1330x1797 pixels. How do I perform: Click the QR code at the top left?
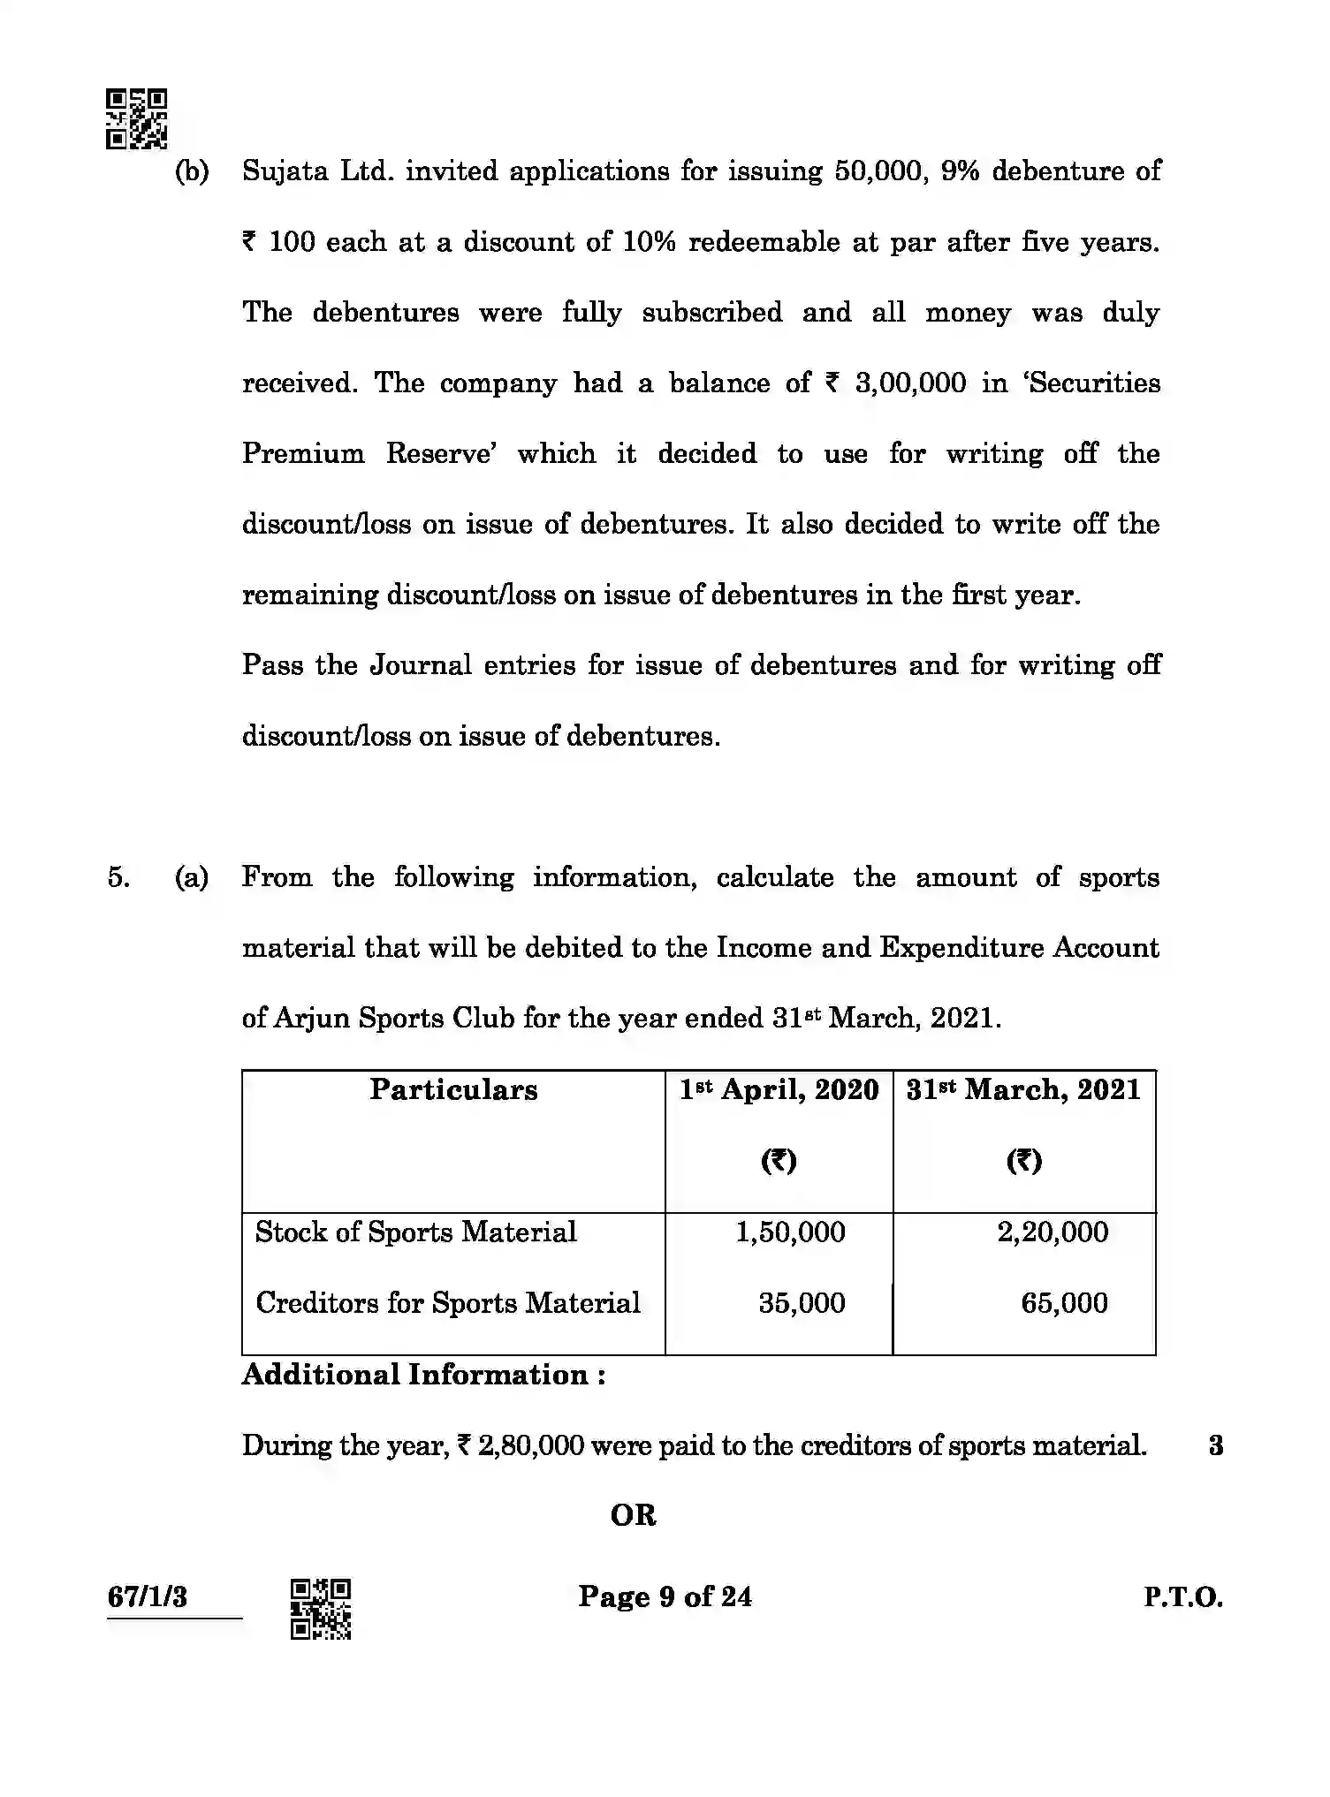click(137, 118)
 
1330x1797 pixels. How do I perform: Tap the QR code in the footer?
click(321, 1609)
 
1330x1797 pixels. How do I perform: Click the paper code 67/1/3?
click(147, 1596)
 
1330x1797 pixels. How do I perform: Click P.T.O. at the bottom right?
click(1182, 1596)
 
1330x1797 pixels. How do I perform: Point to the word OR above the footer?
click(633, 1515)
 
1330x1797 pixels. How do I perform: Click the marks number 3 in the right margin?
click(1215, 1445)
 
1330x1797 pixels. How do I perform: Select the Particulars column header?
click(453, 1089)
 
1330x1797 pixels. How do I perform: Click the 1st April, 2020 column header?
click(779, 1089)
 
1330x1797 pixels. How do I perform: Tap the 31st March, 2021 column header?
click(1023, 1089)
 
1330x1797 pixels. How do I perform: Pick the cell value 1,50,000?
click(790, 1232)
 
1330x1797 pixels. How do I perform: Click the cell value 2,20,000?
click(1052, 1232)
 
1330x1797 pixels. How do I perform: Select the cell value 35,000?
click(802, 1302)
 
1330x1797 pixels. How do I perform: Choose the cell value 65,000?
click(1064, 1302)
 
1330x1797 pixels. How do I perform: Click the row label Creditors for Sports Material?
click(447, 1302)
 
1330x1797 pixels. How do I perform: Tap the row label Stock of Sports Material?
click(415, 1232)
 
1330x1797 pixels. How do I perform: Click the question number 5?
click(118, 877)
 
